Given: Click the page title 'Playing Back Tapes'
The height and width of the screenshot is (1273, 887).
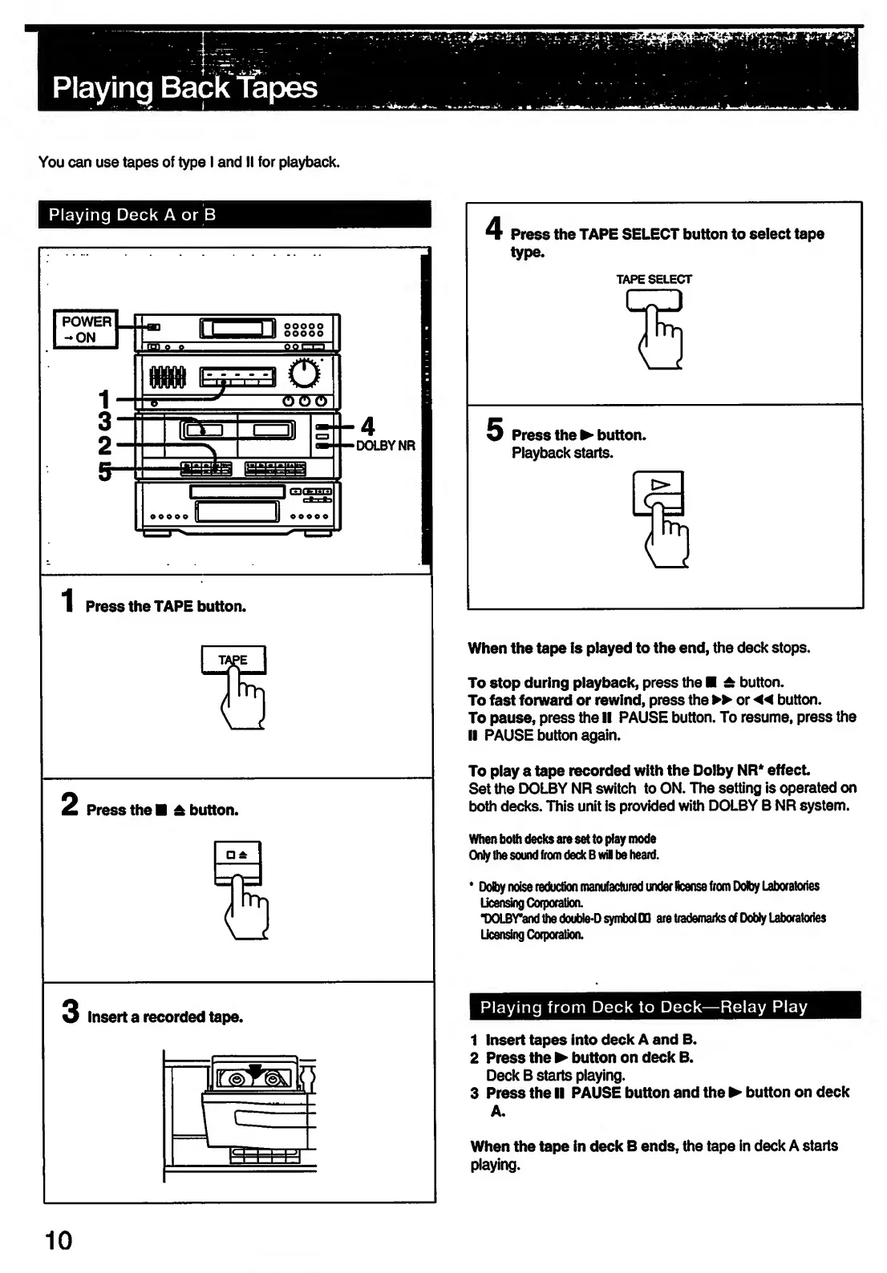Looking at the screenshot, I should click(184, 87).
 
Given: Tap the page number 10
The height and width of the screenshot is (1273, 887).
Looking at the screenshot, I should click(58, 1241).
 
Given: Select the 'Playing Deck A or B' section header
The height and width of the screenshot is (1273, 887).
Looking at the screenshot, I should click(132, 215).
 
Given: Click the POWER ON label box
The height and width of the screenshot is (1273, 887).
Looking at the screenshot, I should click(86, 329).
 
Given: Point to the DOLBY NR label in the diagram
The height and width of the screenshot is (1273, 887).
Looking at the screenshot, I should click(386, 446).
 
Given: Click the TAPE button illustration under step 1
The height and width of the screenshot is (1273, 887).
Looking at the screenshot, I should click(233, 660).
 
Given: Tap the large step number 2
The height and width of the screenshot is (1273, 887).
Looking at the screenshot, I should click(71, 804).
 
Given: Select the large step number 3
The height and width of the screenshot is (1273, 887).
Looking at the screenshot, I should click(71, 1011).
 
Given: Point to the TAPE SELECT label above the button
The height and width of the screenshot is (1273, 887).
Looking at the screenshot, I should click(654, 280).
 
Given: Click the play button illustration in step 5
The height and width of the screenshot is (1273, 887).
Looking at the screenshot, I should click(659, 491).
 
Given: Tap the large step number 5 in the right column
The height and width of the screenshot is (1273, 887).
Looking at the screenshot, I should click(495, 430).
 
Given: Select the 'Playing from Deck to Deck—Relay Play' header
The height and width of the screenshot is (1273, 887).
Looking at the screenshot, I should click(643, 1007).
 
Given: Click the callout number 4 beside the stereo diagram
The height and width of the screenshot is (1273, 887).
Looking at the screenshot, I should click(367, 425).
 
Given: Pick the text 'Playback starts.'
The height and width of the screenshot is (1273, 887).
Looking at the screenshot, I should click(562, 454).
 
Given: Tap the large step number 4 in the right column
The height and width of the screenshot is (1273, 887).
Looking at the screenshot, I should click(495, 229).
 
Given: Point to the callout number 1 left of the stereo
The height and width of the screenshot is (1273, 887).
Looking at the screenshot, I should click(103, 398).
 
